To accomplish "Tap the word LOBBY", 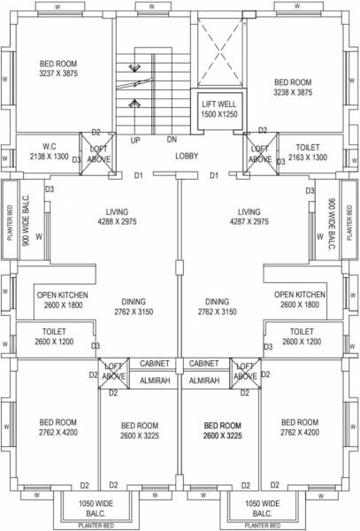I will tap(187, 157).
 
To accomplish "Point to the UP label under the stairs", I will tap(135, 141).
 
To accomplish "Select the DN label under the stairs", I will tap(172, 141).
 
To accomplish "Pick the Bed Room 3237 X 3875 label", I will tap(59, 70).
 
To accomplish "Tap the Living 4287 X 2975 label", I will tap(247, 218).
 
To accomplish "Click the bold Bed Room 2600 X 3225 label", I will tap(222, 431).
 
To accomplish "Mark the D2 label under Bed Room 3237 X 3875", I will tap(96, 131).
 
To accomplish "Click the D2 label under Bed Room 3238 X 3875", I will tap(262, 130).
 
